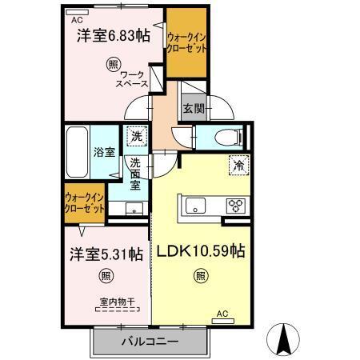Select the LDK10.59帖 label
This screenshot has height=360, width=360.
click(x=199, y=251)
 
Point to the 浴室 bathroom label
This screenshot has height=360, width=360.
click(x=103, y=151)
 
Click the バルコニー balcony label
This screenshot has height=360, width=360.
click(x=150, y=342)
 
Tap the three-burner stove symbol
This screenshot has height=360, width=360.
click(x=238, y=205)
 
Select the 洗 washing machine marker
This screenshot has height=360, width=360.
click(x=137, y=138)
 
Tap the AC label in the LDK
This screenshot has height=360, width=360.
click(x=223, y=314)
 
